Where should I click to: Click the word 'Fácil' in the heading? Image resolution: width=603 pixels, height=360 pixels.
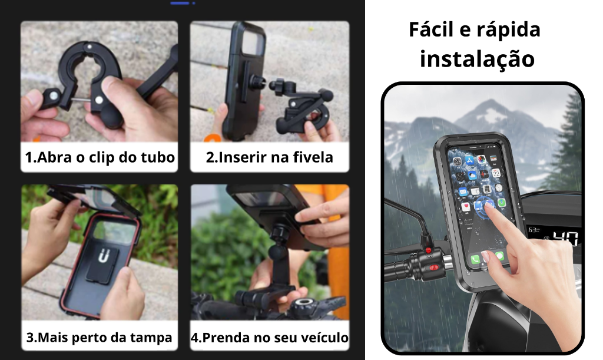click(431, 29)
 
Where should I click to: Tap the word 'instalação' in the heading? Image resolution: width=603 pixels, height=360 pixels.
click(477, 59)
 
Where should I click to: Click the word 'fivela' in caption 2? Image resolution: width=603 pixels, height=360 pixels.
click(313, 157)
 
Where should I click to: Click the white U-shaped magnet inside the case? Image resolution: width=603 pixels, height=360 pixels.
click(104, 255)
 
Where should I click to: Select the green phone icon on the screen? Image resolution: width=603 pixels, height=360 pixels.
click(475, 259)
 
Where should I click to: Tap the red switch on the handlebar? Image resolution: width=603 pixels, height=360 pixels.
click(434, 267)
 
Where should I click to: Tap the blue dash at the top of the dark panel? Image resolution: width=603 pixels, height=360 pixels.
click(180, 3)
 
